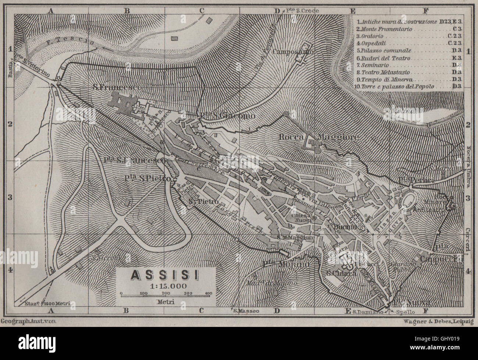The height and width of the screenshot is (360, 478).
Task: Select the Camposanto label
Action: (x=293, y=52)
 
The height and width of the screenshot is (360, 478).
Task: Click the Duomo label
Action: (x=346, y=228)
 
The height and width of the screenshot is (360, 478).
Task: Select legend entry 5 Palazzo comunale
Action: (x=386, y=50)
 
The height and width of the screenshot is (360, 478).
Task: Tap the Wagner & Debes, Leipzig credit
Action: (x=433, y=322)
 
